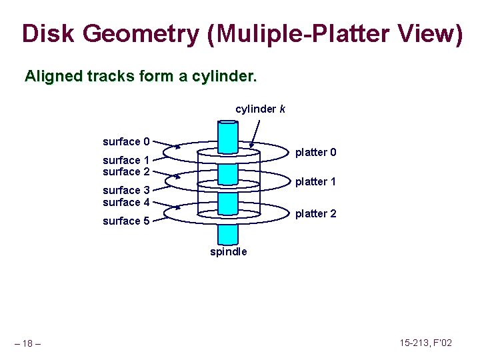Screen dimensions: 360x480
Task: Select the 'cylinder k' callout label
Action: click(x=260, y=109)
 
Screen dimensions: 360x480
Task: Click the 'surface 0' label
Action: click(x=126, y=141)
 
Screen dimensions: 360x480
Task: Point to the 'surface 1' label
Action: click(x=126, y=160)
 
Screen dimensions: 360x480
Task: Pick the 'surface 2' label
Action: click(x=126, y=171)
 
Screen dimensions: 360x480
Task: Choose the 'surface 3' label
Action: click(x=126, y=191)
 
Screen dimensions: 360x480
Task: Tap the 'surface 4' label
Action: click(x=126, y=202)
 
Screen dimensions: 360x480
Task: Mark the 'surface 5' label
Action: click(x=126, y=221)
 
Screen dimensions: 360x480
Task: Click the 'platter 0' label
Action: click(x=316, y=153)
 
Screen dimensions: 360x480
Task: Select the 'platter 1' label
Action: click(x=316, y=181)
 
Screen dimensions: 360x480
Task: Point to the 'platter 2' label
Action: click(x=316, y=213)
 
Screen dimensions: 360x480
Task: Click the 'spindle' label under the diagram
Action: click(x=229, y=251)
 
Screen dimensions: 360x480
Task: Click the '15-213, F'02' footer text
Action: click(x=426, y=343)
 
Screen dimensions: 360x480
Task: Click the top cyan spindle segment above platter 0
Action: click(x=229, y=136)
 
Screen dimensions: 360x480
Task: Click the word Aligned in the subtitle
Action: click(x=53, y=77)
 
